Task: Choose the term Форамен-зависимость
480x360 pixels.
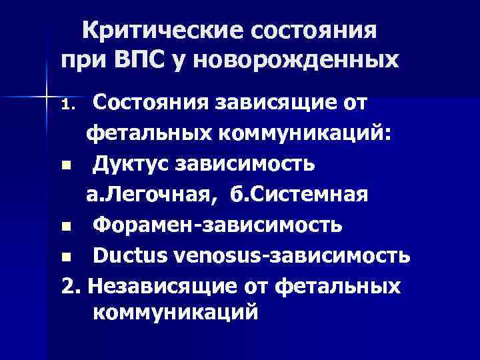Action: pos(218,224)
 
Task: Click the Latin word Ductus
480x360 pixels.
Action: pos(129,255)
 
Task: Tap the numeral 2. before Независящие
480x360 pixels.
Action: pos(71,285)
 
